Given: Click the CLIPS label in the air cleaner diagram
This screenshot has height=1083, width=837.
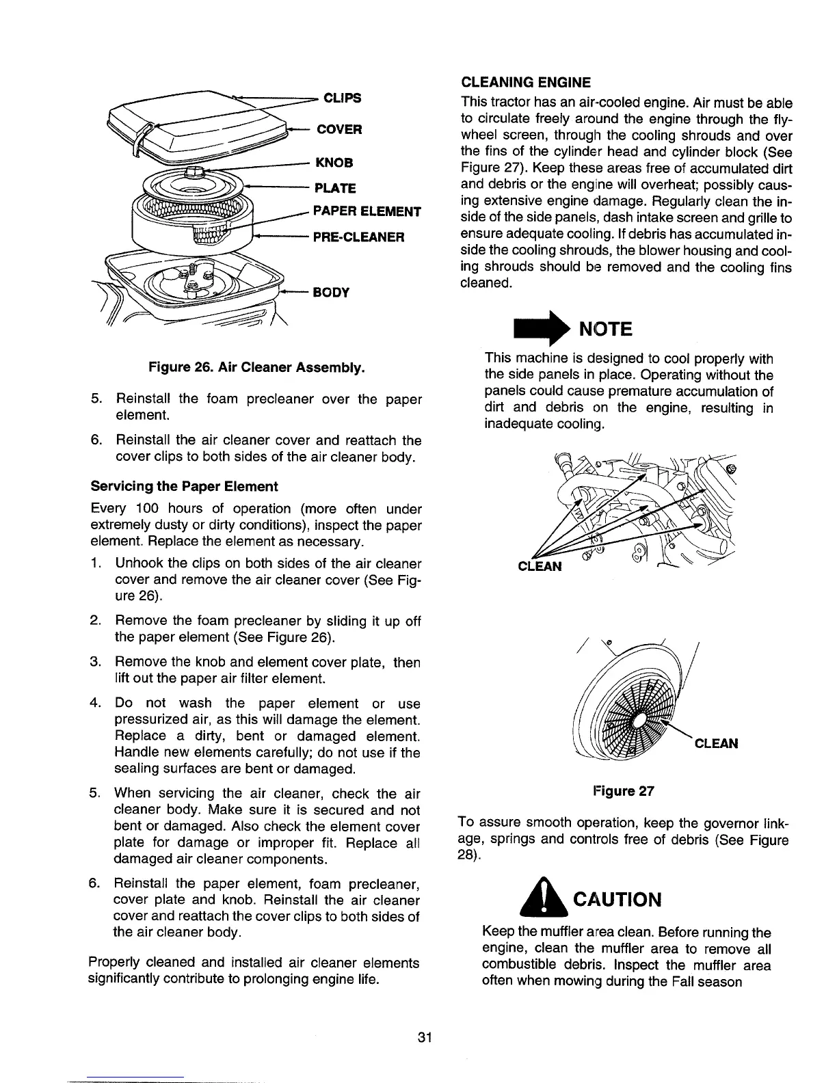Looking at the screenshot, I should (342, 98).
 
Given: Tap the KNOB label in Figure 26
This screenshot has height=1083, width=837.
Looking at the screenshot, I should (334, 163).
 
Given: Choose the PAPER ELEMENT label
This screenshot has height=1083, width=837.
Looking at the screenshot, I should (367, 212).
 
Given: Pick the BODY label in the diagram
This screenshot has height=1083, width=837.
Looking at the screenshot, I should (331, 293).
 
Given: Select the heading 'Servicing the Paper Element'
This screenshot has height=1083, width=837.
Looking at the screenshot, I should (184, 486).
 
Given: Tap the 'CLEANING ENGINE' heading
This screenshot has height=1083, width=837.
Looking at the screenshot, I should (525, 83).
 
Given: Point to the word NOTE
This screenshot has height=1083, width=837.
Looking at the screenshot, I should (606, 330).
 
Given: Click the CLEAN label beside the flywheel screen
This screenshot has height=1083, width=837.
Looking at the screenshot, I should (716, 743).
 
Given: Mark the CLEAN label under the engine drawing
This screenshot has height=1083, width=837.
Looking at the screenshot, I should (540, 566).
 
